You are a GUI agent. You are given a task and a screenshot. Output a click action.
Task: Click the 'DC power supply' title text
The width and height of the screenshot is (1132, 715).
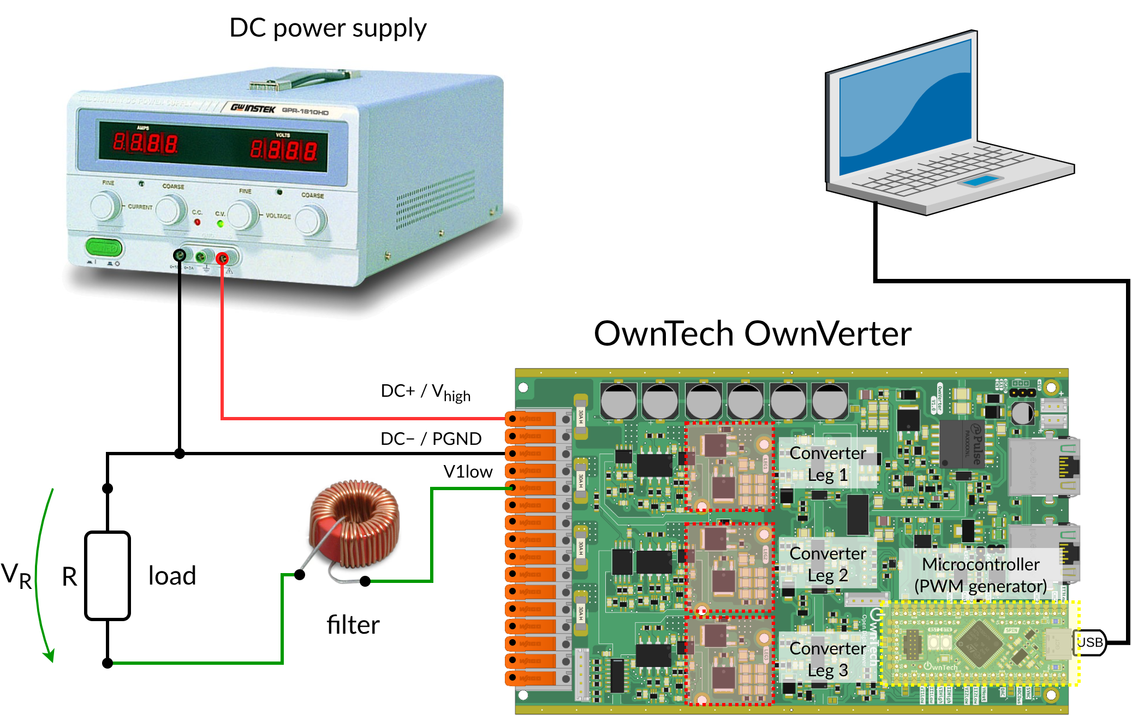pos(327,28)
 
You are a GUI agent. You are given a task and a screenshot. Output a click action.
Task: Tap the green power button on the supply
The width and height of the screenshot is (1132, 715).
pos(104,248)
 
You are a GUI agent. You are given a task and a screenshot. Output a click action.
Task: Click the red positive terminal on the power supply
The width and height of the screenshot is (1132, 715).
pos(222,258)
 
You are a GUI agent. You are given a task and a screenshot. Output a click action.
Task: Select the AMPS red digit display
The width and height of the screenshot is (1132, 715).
pos(145,143)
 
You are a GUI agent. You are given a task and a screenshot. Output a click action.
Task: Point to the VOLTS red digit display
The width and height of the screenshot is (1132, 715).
pos(283,150)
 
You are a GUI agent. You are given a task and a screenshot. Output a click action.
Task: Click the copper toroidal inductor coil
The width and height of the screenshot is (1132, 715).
pos(355,524)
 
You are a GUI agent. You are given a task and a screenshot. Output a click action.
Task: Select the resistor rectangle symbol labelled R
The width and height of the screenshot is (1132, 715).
pos(108,576)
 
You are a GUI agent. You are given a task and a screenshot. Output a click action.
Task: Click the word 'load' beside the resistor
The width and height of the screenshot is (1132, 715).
pos(172,576)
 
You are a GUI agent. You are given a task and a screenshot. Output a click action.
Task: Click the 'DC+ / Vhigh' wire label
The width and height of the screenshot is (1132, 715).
pos(425,392)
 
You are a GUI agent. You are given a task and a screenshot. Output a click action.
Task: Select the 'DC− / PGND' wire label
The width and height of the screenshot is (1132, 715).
pos(431,439)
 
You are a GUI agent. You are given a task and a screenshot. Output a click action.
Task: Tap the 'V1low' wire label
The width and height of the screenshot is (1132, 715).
pos(468,472)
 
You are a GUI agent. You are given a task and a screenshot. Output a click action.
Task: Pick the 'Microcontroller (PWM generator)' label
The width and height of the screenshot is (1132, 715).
pos(980,575)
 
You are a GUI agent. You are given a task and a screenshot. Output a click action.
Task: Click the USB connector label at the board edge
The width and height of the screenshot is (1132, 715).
pos(1089,642)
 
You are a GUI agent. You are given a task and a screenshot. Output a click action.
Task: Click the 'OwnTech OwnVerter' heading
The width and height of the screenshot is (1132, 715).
pos(752,333)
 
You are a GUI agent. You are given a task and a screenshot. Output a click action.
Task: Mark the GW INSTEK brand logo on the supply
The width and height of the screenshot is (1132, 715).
pos(253,108)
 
